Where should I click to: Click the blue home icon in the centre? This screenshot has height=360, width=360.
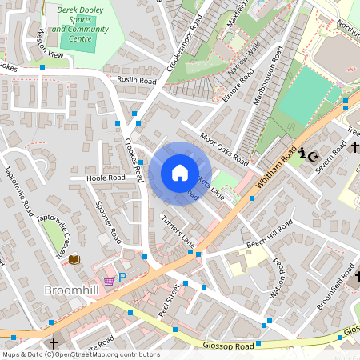[180, 173]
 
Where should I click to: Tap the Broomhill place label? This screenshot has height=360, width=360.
[72, 289]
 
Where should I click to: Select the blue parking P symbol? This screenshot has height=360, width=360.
[122, 278]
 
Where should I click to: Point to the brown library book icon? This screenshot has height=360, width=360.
[74, 259]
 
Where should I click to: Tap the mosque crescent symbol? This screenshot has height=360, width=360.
[313, 154]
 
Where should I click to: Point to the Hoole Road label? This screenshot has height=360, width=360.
[106, 178]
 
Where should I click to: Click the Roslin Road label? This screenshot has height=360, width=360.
[136, 81]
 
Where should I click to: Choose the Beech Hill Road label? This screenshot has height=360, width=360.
[268, 233]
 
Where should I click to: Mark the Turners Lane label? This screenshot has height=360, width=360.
[178, 230]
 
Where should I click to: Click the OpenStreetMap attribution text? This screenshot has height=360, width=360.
[80, 354]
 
